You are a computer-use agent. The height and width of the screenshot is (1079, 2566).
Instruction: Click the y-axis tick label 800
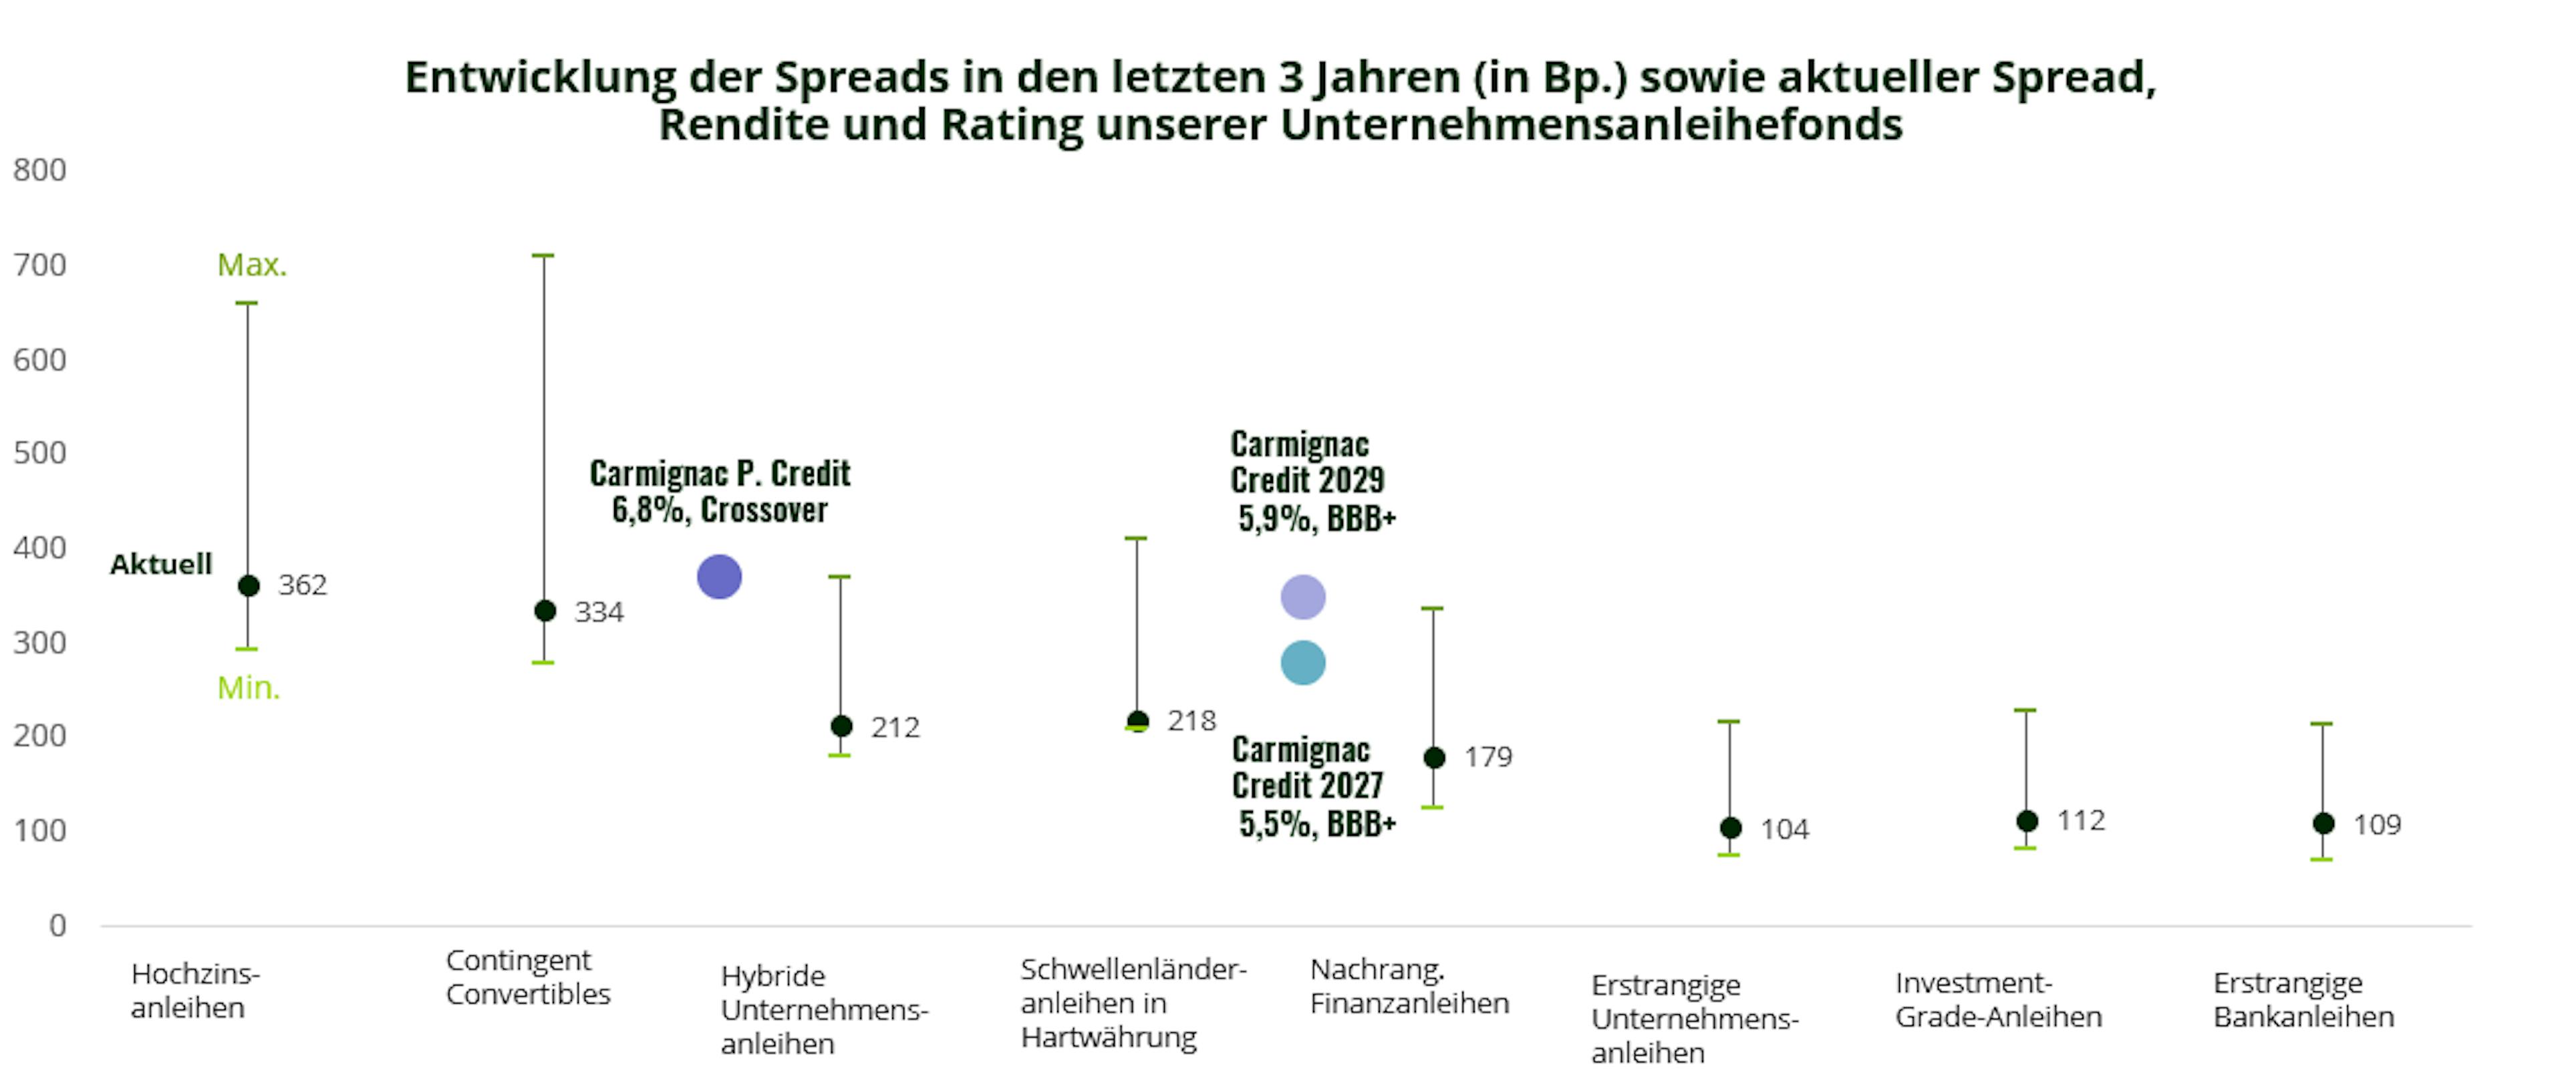[x=40, y=170]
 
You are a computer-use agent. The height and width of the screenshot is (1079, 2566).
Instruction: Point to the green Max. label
[x=252, y=265]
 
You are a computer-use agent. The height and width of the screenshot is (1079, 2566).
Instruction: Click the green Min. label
[x=249, y=687]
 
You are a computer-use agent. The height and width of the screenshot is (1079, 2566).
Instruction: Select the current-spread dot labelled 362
[x=249, y=586]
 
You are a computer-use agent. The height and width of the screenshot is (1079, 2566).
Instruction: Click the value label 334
[x=599, y=612]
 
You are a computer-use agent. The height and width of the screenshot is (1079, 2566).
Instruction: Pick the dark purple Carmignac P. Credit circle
[x=719, y=577]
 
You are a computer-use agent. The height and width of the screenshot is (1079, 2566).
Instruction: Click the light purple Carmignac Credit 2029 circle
[x=1303, y=598]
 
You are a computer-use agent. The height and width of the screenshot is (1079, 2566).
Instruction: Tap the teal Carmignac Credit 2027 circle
[x=1303, y=663]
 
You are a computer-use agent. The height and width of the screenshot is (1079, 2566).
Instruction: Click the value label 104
[x=1784, y=829]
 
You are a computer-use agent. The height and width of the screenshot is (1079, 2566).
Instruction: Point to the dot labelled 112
[x=2027, y=821]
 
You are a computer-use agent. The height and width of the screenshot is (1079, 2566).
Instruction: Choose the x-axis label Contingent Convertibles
[x=528, y=977]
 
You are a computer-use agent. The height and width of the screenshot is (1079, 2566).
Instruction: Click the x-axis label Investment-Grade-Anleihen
[x=1998, y=1000]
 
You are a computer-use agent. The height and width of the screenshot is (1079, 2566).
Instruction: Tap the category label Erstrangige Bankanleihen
[x=2303, y=1000]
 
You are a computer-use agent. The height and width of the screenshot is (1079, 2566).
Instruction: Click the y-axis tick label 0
[x=57, y=925]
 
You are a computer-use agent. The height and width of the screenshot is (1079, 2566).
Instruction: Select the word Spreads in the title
[x=861, y=78]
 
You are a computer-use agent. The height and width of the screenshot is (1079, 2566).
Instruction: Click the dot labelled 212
[x=842, y=726]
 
